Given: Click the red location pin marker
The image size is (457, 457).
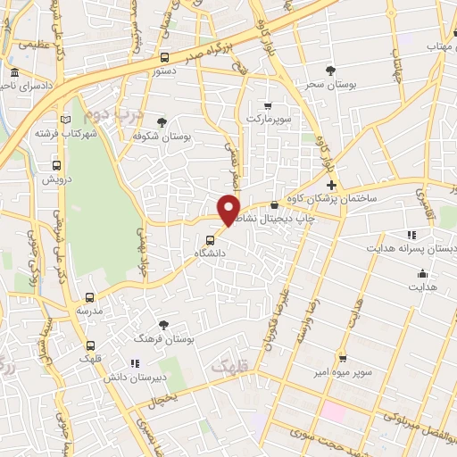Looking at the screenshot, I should pos(229,209).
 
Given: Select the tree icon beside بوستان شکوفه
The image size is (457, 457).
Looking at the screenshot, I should pos(162,122).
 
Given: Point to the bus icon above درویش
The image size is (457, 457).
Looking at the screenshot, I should pos(57,165).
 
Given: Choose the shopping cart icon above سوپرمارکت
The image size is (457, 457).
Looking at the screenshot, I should pos(268,105).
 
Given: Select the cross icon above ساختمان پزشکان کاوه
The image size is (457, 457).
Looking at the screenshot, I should pos(331,184).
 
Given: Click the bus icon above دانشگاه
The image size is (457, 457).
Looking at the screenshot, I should pos(210,239).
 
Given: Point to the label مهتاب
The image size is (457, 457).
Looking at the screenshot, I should pos(441,46).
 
